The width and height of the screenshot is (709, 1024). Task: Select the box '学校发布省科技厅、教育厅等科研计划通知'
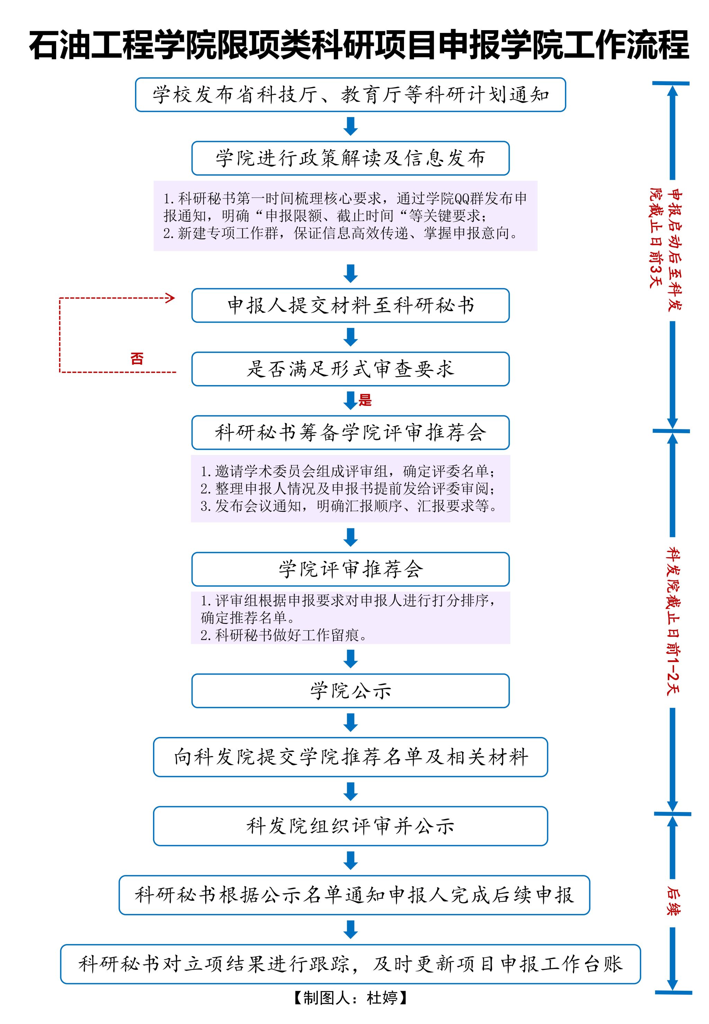click(350, 95)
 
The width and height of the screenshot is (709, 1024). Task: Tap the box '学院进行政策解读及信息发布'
click(350, 158)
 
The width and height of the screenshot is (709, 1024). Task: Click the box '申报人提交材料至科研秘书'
click(350, 305)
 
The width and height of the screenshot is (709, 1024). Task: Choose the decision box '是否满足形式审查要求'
click(350, 369)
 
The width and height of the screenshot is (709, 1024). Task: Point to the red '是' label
click(365, 400)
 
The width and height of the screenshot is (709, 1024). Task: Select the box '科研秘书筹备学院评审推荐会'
click(350, 432)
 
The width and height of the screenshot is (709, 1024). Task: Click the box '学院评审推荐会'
click(350, 569)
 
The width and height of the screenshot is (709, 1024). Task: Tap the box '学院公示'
click(350, 691)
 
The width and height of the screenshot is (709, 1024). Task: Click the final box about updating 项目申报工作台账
click(350, 964)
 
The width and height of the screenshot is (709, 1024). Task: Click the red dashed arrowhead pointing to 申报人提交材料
click(170, 298)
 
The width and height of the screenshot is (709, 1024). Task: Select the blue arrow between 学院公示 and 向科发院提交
click(351, 722)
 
